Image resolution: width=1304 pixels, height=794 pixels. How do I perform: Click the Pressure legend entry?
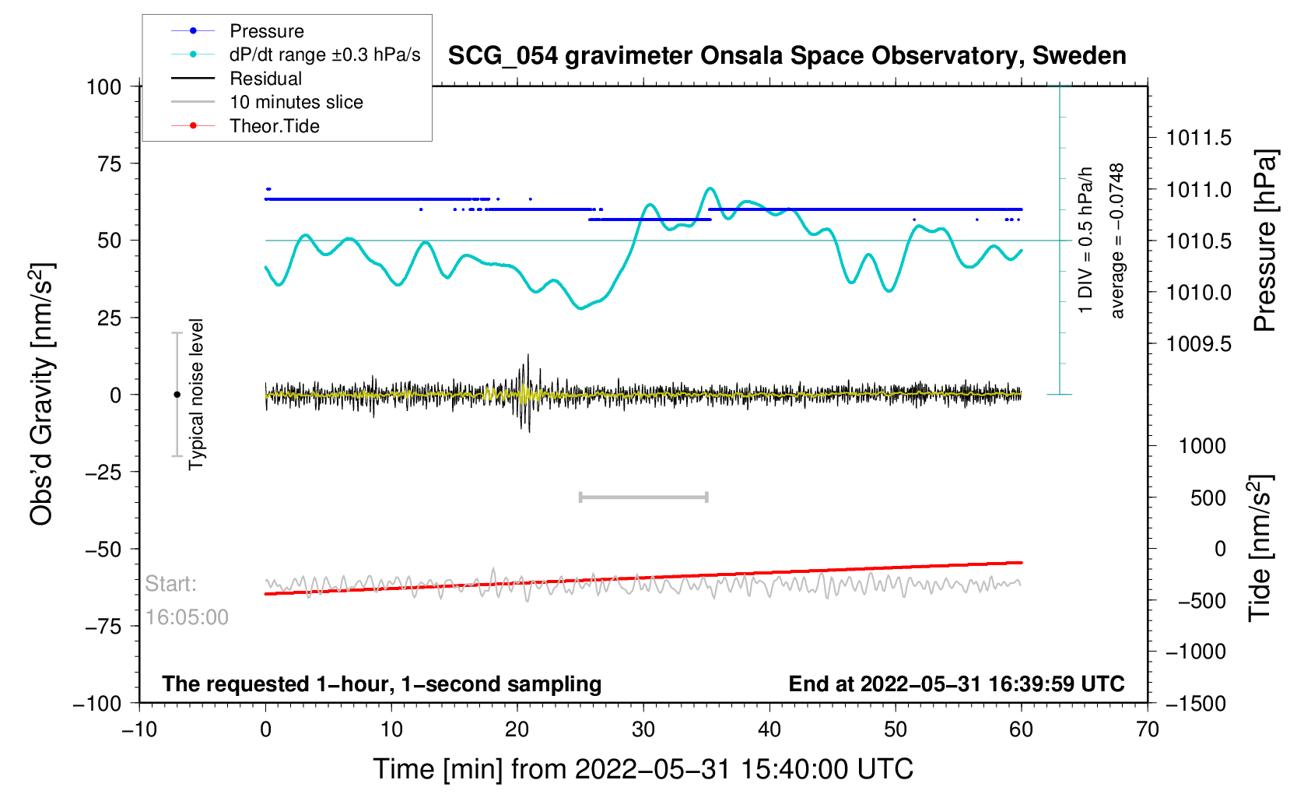point(266,31)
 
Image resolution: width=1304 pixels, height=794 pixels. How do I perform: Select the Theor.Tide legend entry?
point(274,126)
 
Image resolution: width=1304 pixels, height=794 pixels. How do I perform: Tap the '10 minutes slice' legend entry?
point(296,102)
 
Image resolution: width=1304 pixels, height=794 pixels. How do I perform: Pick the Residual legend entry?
point(265,79)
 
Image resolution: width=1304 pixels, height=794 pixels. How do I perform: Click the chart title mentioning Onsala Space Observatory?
point(787,56)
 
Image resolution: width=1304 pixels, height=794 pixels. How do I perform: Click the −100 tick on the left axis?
point(98,703)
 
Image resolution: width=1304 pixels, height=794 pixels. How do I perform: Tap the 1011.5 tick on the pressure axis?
point(1198,139)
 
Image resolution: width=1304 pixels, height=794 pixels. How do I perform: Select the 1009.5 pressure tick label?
point(1198,344)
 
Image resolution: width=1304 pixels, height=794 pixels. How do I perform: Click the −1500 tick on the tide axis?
point(1195,703)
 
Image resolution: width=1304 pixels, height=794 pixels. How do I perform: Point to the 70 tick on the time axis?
point(1147,729)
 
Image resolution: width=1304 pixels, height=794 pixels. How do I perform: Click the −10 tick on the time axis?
point(139,729)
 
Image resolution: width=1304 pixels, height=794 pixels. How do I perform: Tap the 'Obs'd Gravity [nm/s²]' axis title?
point(41,394)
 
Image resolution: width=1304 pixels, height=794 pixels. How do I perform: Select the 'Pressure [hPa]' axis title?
point(1264,241)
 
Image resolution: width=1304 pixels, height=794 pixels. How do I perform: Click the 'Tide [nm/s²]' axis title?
point(1260,548)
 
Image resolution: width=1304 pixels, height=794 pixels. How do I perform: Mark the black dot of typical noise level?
point(177,395)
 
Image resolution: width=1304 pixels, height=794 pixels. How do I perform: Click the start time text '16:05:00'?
point(187,617)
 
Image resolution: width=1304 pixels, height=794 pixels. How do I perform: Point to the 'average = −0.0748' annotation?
point(1117,241)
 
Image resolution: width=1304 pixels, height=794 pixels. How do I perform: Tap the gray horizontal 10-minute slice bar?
point(643,497)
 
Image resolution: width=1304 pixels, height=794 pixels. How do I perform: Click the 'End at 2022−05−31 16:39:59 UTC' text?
point(956,684)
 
